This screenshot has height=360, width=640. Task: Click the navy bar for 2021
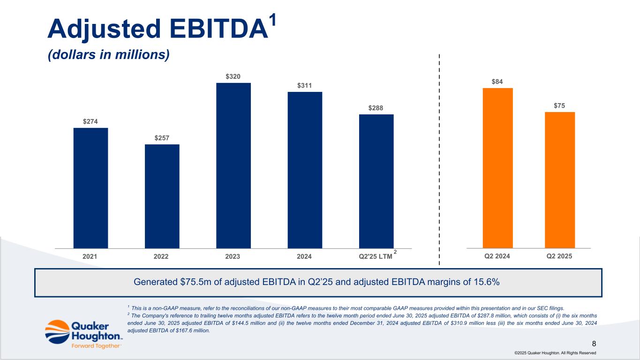pos(90,187)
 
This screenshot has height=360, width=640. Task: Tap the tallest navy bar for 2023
pos(233,165)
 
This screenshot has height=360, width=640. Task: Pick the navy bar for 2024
pos(305,170)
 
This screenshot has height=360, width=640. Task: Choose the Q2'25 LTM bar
pos(376,181)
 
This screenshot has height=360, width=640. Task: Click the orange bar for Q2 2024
pos(497,168)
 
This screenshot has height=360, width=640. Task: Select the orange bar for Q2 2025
pos(559,180)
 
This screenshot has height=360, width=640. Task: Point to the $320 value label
pos(233,76)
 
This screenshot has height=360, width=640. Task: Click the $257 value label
pos(162,138)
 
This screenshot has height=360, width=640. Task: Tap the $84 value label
pos(497,82)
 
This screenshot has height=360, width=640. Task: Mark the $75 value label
pos(559,106)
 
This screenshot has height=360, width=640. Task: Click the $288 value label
pos(376,108)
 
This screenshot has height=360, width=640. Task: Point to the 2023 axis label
pos(233,256)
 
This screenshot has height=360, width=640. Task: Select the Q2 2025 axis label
pos(559,256)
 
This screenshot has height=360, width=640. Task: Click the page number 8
pos(594,344)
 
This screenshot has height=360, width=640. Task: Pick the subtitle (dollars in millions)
pos(108,55)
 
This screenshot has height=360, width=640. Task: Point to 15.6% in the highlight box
pos(485,282)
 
